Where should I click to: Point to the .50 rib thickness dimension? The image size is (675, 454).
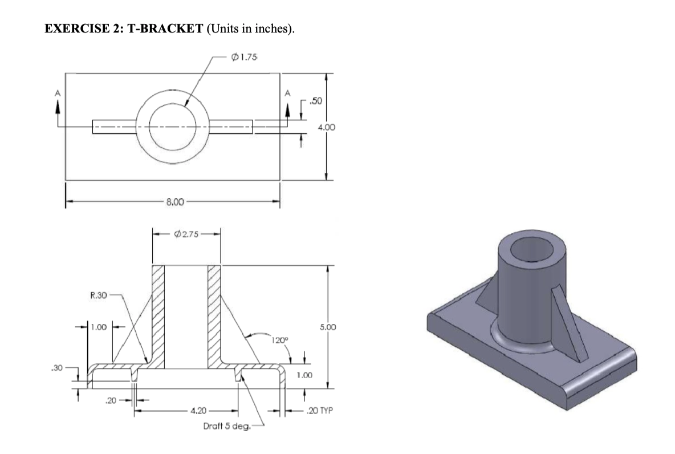point(315,101)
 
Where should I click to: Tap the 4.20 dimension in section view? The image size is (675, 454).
point(199,410)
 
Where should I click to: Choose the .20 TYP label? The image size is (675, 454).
point(320,411)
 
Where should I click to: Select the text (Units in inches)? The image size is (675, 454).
point(247,29)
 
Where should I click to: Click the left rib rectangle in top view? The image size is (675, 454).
point(113,126)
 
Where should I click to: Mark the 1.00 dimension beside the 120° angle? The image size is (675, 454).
point(306,375)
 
